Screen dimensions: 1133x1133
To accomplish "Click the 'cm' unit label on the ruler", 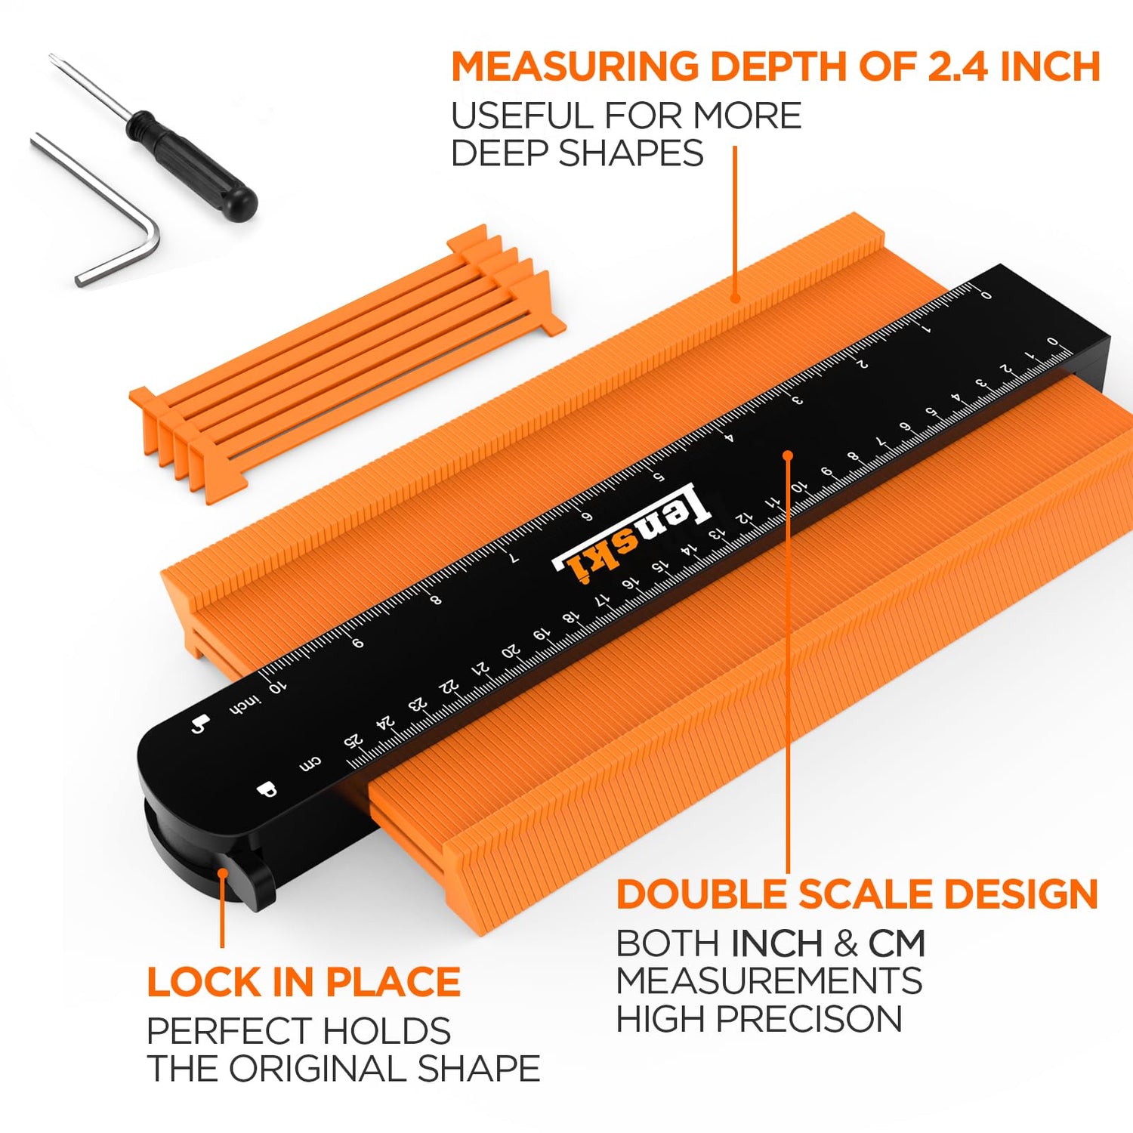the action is [x=310, y=764].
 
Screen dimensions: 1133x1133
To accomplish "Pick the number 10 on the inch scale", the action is [x=277, y=687].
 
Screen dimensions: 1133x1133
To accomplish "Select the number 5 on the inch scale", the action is [x=658, y=477].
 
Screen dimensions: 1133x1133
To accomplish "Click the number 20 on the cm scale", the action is [x=511, y=651].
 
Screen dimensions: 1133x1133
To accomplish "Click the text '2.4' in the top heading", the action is [x=959, y=66].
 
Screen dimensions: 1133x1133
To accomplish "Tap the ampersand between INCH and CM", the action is [x=846, y=943].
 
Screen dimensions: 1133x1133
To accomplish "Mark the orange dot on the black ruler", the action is [x=788, y=455].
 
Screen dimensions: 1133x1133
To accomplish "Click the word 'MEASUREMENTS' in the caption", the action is [x=769, y=981].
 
